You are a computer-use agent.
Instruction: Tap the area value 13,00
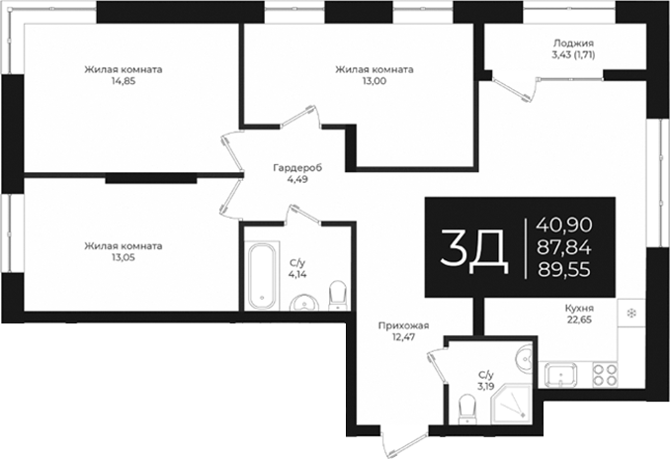click(x=374, y=82)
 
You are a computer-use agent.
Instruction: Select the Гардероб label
click(x=296, y=167)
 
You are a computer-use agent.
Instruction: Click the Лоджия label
click(x=573, y=43)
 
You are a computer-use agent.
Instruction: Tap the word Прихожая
click(x=403, y=324)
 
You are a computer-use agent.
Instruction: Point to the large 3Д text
click(x=474, y=248)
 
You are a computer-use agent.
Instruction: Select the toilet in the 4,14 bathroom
click(x=336, y=294)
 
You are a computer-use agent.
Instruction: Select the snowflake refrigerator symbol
click(x=629, y=315)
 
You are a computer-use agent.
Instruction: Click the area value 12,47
click(x=403, y=337)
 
